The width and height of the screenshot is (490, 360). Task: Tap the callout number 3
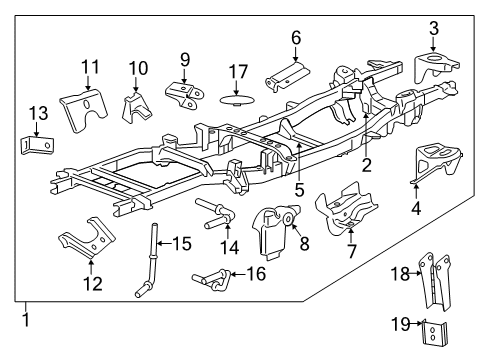coord(433,27)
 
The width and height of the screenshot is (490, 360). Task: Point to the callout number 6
coord(295,39)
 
